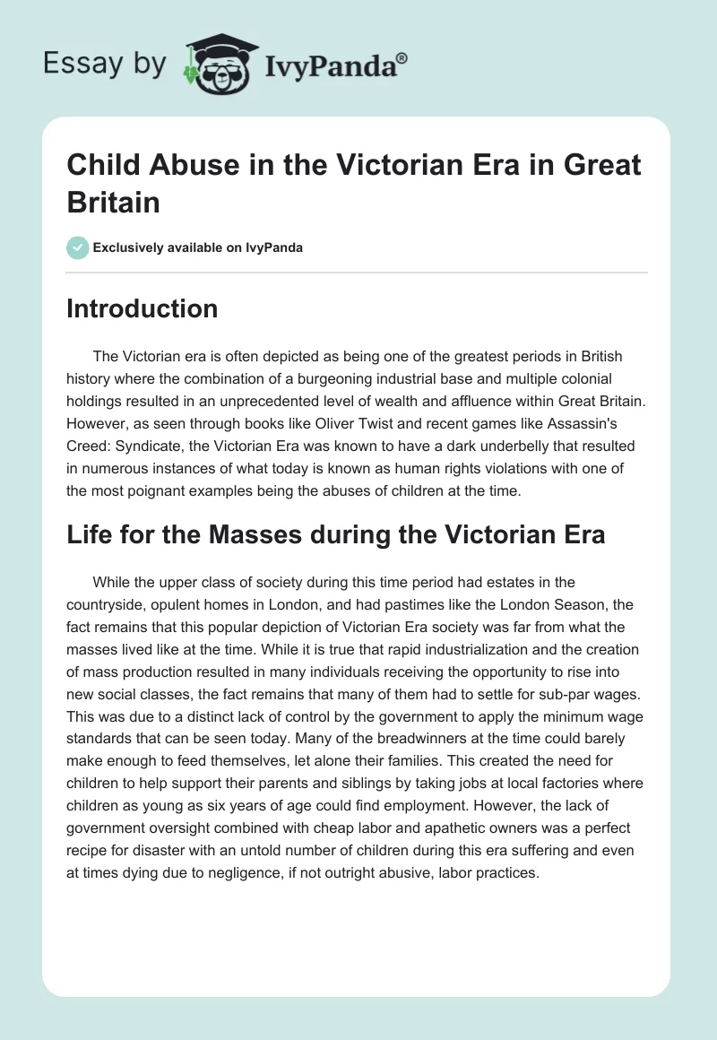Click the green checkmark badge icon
pos(78,247)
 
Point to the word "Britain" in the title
pos(113,202)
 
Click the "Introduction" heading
pos(143,308)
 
